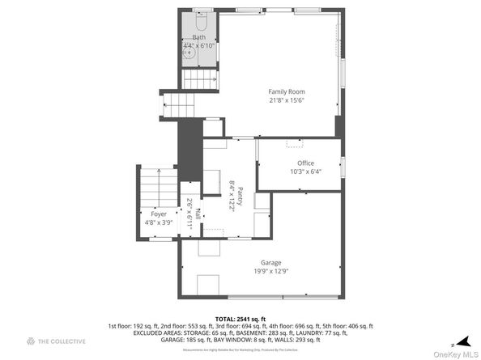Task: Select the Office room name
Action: point(304,163)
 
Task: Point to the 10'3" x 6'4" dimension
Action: point(304,172)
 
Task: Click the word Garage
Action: point(270,262)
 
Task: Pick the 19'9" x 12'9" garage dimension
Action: point(270,271)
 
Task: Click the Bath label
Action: point(199,37)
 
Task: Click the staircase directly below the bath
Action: point(198,79)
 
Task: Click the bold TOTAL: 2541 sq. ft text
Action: point(240,318)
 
